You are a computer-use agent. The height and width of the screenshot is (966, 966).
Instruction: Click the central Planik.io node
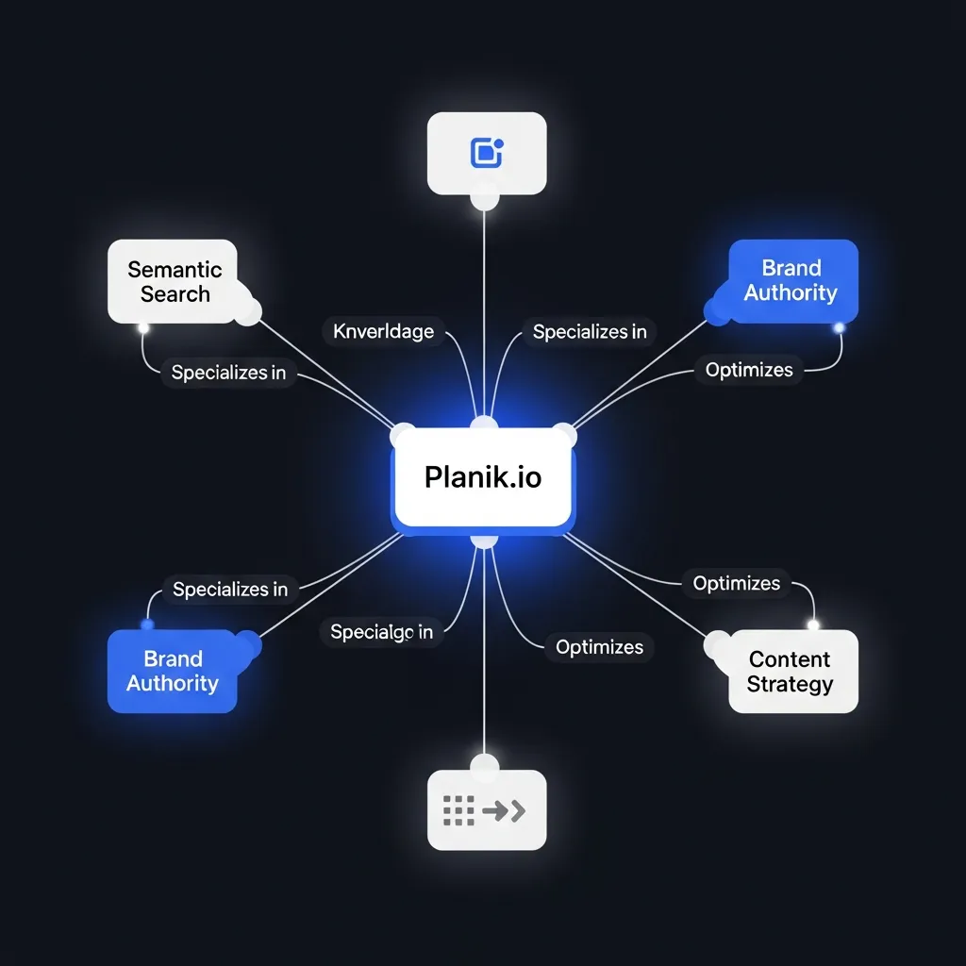pos(483,476)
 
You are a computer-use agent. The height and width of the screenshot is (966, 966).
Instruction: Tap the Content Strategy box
pos(792,671)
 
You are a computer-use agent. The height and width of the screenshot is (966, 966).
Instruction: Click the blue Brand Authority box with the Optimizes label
pos(792,280)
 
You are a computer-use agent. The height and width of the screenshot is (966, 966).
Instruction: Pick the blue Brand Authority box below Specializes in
pos(172,671)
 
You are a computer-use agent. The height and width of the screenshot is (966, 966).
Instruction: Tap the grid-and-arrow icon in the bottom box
pos(484,809)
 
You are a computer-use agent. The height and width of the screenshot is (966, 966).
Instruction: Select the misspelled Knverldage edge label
pos(384,331)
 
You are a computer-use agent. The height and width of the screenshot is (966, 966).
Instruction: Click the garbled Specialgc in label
pos(381,632)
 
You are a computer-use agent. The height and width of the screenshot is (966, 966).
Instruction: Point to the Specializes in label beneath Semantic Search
pos(228,373)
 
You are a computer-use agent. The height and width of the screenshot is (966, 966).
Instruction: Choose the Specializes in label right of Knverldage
pos(590,332)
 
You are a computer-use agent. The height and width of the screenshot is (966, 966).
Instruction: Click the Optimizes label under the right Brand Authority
pos(749,370)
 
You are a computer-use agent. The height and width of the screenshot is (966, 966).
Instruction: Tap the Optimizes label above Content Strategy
pos(737,583)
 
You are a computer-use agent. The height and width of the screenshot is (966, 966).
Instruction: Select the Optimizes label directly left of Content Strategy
pos(599,647)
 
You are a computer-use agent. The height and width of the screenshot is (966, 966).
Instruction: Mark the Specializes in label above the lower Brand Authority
pos(230,590)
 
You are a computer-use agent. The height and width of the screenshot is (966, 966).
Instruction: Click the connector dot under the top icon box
pos(484,200)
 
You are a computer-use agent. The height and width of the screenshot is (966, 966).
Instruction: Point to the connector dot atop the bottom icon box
pos(484,763)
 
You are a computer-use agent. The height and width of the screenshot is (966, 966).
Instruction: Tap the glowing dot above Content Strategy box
pos(813,625)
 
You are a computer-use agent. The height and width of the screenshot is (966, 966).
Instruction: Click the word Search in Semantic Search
pos(175,293)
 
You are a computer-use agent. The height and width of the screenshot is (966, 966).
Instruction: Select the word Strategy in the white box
pos(790,684)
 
